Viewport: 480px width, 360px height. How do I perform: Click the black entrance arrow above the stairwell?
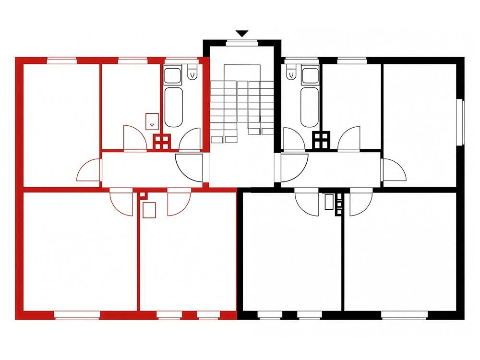[x=242, y=34]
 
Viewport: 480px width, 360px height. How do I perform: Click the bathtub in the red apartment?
[x=173, y=106]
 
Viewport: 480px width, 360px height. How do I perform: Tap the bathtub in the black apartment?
[x=310, y=106]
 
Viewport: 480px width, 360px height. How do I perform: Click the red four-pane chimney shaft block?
[x=162, y=141]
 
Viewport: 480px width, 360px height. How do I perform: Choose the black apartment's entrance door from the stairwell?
[x=293, y=168]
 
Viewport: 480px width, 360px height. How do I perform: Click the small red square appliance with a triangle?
[x=152, y=120]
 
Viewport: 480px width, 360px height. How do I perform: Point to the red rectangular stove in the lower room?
[x=150, y=210]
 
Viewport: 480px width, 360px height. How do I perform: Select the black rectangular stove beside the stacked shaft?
[x=329, y=202]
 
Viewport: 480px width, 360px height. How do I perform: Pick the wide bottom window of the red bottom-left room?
[x=76, y=315]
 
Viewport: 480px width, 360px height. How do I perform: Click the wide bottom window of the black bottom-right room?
[x=404, y=315]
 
